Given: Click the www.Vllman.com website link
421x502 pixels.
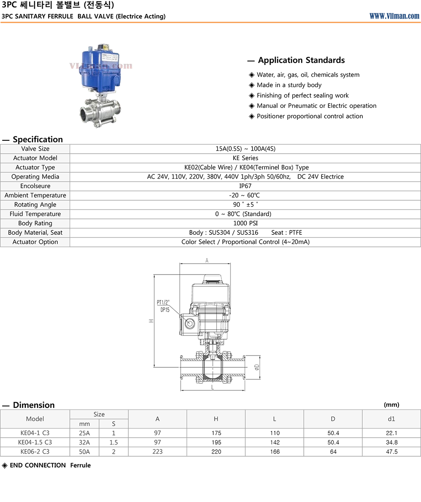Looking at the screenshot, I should point(394,16).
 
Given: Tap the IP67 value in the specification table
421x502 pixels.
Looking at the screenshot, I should point(245,186).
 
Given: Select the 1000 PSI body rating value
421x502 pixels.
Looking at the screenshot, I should point(245,223).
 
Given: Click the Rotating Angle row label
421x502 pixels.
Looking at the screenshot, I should point(35,205).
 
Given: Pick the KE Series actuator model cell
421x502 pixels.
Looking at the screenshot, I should point(245,158).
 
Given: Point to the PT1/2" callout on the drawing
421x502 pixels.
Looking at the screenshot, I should point(163,303).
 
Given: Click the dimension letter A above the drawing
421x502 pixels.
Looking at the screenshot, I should point(207,260).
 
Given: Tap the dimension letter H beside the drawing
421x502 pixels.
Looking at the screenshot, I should point(151,320).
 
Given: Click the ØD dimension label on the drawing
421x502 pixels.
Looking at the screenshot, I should point(257,367).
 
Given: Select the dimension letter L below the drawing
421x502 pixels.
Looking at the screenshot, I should point(212,387).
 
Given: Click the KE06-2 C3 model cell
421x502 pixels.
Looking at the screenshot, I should point(35,451).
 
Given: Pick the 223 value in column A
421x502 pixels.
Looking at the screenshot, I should point(157,451).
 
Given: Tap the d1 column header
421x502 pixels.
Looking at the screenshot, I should point(391,419).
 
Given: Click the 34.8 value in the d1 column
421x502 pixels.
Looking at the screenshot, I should point(392,442).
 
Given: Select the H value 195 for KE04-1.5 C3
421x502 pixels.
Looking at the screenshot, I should point(216,442).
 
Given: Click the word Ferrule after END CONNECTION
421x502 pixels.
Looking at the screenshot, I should point(81,465).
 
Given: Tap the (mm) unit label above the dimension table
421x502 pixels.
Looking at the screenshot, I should point(391,404).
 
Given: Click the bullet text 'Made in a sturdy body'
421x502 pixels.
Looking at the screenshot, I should point(289,85).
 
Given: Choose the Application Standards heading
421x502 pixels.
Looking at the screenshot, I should point(301,60).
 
